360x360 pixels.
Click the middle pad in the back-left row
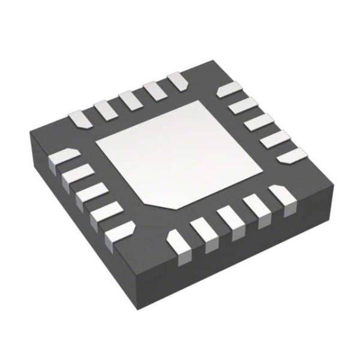(x=129, y=100)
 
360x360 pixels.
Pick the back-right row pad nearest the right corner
(x=293, y=155)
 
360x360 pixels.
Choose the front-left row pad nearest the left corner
(x=62, y=160)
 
